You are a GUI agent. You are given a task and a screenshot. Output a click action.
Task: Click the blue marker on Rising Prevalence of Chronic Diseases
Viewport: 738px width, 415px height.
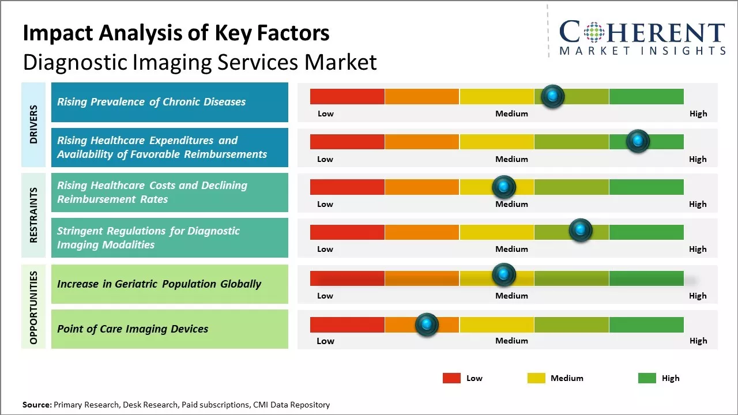coord(553,96)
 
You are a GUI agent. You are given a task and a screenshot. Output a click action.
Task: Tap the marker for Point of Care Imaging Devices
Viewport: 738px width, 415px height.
coord(427,325)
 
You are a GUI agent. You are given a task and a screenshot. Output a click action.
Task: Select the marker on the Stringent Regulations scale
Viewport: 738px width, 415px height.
coord(580,231)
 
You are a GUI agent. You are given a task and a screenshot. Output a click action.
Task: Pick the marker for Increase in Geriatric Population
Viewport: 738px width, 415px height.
coord(504,274)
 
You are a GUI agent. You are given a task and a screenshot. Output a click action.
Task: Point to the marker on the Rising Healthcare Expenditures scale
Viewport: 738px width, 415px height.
coord(638,141)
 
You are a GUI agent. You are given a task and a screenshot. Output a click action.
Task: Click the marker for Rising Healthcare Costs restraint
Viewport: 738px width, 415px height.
coord(504,187)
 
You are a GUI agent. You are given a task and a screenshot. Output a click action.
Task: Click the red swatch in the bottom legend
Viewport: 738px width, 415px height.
coord(451,378)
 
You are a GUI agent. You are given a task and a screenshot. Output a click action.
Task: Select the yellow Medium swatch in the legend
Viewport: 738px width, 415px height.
coord(536,378)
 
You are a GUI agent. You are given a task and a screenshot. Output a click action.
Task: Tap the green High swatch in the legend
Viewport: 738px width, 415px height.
coord(647,378)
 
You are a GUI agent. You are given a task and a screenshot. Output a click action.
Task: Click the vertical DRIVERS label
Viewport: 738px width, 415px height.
coord(34,124)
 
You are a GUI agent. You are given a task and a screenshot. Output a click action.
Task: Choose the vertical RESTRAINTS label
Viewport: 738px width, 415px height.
coord(34,215)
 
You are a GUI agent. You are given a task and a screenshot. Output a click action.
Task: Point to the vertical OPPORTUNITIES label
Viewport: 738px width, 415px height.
coord(34,307)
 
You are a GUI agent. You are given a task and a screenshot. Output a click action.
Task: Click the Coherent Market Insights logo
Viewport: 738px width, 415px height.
coord(642,37)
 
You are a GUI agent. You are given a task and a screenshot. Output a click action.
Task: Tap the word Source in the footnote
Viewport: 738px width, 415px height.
coord(36,405)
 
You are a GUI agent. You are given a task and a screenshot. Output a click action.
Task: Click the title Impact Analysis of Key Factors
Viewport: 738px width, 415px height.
coord(176,33)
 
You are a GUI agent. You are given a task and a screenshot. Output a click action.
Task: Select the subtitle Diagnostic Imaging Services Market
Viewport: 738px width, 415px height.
coord(199,62)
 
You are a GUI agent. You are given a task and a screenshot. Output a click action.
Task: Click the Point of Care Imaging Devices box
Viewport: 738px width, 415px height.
coord(170,329)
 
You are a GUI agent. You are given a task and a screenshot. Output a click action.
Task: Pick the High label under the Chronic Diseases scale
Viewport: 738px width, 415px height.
coord(698,114)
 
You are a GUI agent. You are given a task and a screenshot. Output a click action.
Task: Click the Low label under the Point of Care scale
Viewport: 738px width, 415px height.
coord(325,341)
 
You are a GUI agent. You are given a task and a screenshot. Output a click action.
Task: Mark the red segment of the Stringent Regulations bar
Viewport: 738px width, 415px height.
coord(347,232)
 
